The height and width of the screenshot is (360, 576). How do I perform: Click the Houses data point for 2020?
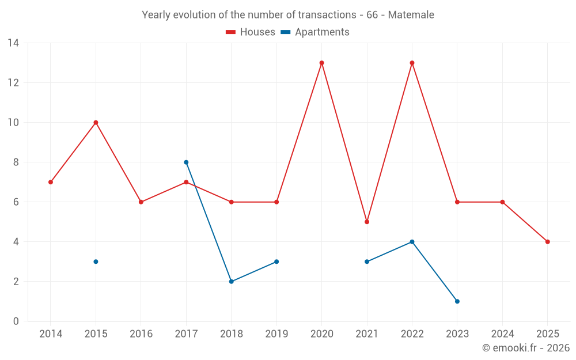[321, 63]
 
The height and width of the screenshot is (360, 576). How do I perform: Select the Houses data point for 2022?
[412, 63]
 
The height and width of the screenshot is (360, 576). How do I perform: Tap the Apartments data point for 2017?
[186, 162]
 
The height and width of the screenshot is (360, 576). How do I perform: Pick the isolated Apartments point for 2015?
[96, 262]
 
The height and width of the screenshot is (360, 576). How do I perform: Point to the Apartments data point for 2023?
[457, 301]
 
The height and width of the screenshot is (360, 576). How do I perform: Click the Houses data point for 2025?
[547, 242]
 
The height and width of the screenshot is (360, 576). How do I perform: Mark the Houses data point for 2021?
[367, 222]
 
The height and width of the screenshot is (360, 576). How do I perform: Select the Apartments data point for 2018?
[231, 282]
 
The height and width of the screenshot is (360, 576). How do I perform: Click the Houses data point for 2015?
[96, 123]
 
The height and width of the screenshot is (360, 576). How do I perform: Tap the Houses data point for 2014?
[51, 182]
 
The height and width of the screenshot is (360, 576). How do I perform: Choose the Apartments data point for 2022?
[412, 242]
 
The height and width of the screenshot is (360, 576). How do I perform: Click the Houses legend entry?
[251, 32]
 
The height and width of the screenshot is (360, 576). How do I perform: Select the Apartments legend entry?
[315, 32]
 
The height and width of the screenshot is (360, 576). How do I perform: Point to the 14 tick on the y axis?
[13, 43]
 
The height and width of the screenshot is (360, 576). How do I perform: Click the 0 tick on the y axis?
[16, 321]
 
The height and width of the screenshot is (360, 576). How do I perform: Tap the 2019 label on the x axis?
[276, 334]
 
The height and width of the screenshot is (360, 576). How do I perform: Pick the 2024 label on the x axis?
[502, 334]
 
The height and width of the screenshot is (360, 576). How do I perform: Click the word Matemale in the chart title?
[411, 15]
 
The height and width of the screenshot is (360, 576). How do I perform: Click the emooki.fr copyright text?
[526, 348]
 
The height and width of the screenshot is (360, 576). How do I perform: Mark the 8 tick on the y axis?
[16, 162]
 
